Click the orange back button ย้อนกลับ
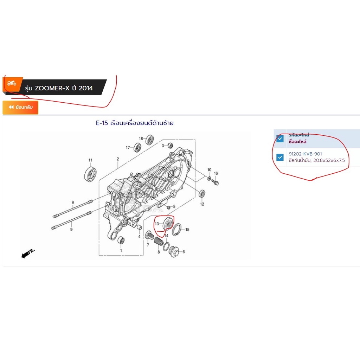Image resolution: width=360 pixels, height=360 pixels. pyautogui.click(x=20, y=107)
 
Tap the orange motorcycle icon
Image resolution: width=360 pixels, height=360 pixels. pyautogui.click(x=12, y=83)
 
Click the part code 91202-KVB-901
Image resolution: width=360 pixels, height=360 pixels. pyautogui.click(x=305, y=154)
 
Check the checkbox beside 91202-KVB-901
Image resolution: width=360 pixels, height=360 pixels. pyautogui.click(x=280, y=157)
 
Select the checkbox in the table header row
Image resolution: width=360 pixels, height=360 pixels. pyautogui.click(x=280, y=139)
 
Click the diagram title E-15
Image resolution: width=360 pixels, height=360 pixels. pyautogui.click(x=102, y=123)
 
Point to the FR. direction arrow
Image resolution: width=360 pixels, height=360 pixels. pyautogui.click(x=28, y=253)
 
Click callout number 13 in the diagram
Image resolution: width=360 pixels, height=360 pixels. pyautogui.click(x=157, y=224)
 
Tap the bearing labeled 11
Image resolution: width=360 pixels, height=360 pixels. pyautogui.click(x=90, y=174)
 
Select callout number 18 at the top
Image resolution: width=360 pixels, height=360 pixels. pyautogui.click(x=141, y=139)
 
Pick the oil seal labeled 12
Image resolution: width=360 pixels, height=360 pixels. pyautogui.click(x=202, y=194)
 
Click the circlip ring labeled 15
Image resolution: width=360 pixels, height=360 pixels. pyautogui.click(x=176, y=230)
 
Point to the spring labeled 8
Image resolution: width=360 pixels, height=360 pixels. pyautogui.click(x=159, y=241)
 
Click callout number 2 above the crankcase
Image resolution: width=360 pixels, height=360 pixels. pyautogui.click(x=118, y=159)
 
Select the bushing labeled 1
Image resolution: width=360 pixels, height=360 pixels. pyautogui.click(x=121, y=240)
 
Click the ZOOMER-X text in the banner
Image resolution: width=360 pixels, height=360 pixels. pyautogui.click(x=52, y=88)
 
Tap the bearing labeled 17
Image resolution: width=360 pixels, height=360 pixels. pyautogui.click(x=137, y=147)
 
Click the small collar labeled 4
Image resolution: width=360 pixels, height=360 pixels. pyautogui.click(x=139, y=227)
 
